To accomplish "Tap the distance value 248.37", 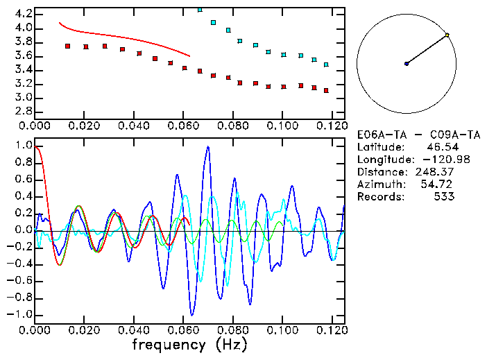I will tap(434, 171).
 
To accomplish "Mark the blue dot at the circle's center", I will tap(407, 64).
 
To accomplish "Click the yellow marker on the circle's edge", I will tap(447, 35).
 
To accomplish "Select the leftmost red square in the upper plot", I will tap(67, 46).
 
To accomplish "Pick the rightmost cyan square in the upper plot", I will tap(326, 65).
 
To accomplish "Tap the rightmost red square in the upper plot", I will tap(326, 91).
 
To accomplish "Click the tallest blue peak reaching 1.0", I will tap(207, 147).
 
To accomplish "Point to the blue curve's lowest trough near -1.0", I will tap(192, 314).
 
